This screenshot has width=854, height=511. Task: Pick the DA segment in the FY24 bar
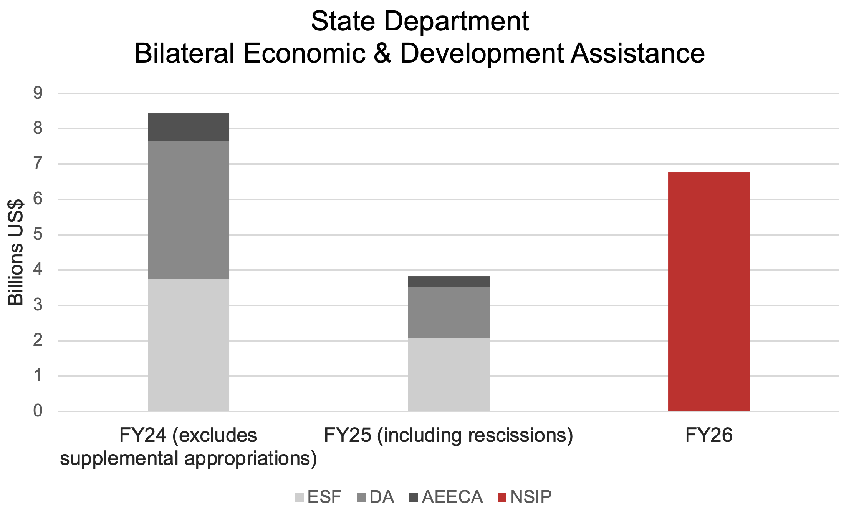coord(188,209)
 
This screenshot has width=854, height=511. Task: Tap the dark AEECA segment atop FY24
coord(188,127)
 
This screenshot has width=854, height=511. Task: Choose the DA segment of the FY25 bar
coord(449,312)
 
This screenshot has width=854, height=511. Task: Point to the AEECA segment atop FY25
coord(449,282)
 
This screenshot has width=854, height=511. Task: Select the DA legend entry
coord(376,497)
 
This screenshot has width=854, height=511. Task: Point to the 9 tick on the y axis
coord(38,93)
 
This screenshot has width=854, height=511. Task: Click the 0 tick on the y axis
coord(38,411)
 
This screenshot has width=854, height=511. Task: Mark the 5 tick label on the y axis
coord(38,234)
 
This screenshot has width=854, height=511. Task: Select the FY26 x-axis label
coord(709,435)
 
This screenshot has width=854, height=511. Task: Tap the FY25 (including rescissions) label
coord(449,435)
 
